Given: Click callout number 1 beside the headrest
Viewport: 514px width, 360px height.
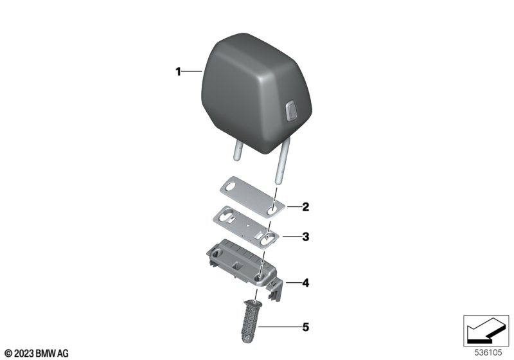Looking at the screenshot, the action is pyautogui.click(x=179, y=71).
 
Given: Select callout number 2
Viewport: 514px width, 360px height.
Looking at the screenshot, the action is pyautogui.click(x=306, y=207).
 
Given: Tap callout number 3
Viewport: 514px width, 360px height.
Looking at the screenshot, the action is pyautogui.click(x=306, y=237).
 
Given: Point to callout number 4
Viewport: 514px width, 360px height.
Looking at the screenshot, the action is pyautogui.click(x=306, y=283).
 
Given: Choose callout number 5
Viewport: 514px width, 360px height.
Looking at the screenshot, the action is pyautogui.click(x=306, y=327).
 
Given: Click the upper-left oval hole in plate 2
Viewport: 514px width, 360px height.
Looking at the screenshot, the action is pyautogui.click(x=229, y=187).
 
